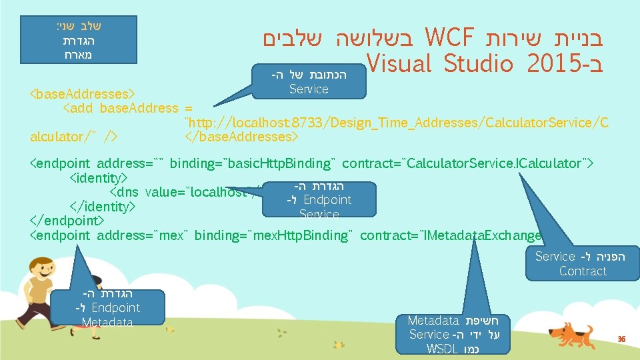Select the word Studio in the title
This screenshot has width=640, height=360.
click(470, 65)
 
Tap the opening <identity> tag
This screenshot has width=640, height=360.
click(99, 178)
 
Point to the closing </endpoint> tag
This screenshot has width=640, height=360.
click(66, 221)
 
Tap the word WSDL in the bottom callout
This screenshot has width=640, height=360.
click(442, 349)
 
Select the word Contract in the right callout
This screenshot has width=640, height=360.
click(583, 271)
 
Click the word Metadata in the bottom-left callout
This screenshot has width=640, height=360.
click(107, 323)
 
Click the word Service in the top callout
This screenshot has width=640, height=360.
click(309, 89)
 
